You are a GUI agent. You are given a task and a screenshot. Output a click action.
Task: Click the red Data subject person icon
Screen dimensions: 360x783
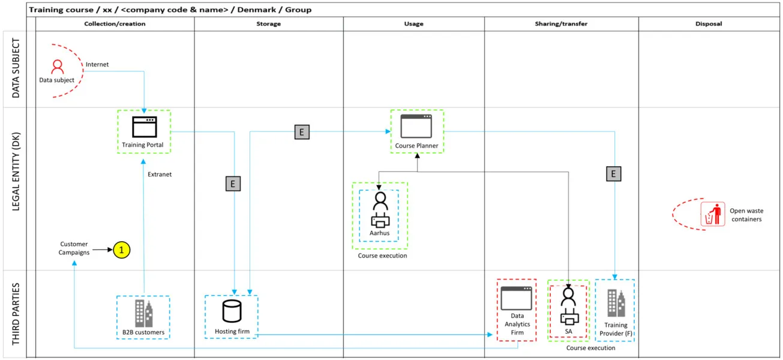click(x=57, y=66)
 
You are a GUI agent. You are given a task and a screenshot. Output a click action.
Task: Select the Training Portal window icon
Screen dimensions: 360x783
click(x=144, y=127)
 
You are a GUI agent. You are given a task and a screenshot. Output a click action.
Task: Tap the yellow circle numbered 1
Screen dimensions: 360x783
click(x=122, y=250)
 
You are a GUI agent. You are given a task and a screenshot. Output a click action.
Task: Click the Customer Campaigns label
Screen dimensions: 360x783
click(x=74, y=248)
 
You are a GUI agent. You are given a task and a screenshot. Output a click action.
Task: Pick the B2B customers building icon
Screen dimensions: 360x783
click(x=143, y=313)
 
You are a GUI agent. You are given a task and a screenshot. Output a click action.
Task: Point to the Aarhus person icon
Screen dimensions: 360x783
click(x=380, y=209)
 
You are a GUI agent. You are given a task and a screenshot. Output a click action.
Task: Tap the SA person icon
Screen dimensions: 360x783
click(x=568, y=305)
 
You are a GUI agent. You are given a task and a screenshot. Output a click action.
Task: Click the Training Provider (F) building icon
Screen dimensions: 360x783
click(x=616, y=303)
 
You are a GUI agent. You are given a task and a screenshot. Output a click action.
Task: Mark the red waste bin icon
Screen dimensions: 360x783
click(x=713, y=214)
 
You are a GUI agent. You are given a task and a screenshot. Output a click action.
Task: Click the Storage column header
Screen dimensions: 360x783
click(x=268, y=24)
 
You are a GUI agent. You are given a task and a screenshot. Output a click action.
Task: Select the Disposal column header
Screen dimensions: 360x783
click(x=709, y=24)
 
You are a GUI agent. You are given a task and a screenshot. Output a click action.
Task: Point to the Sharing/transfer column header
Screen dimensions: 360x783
click(x=561, y=24)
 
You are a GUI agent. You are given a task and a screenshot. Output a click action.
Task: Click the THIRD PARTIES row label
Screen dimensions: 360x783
click(x=16, y=314)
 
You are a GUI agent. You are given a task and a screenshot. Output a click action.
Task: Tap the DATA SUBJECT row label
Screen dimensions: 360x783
click(x=16, y=69)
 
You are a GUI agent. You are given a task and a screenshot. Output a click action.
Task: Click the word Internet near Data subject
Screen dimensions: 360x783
click(x=97, y=64)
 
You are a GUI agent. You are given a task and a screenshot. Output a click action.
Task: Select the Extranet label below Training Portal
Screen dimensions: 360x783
click(x=160, y=174)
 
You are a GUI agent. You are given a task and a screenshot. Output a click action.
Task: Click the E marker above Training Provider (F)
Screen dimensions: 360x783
click(x=613, y=174)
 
